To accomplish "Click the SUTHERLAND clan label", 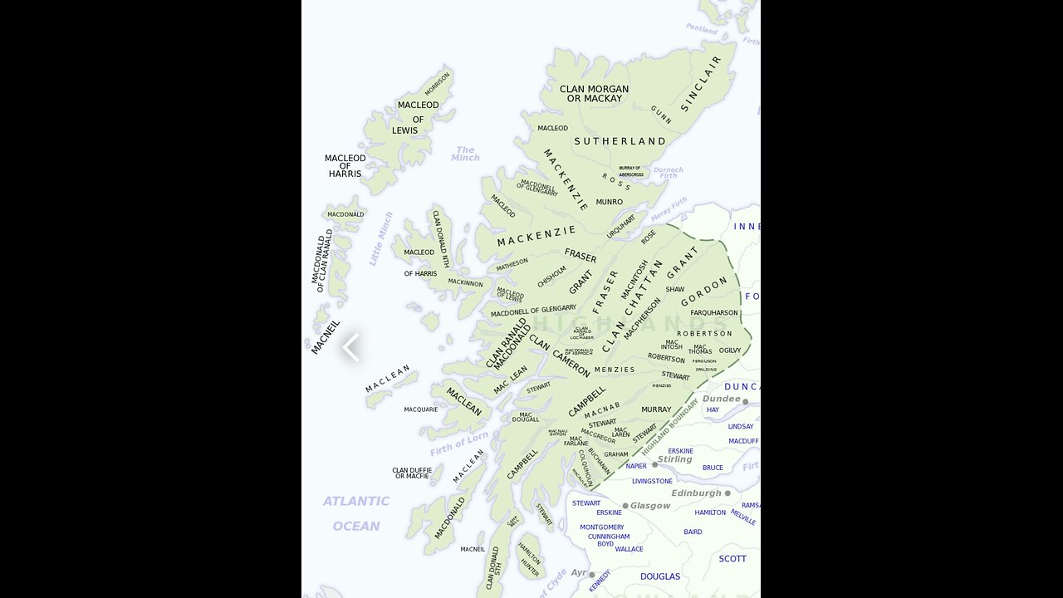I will click(620, 141).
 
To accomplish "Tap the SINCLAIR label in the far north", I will click(702, 84).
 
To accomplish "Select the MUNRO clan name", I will click(609, 202).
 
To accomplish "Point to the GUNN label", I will click(661, 115).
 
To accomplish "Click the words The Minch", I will click(465, 154).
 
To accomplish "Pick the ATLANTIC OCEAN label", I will click(356, 513).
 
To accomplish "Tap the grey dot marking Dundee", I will click(745, 402).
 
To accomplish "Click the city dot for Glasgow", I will click(625, 506).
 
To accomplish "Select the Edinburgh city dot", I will click(727, 493).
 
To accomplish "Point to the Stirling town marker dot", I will click(654, 464).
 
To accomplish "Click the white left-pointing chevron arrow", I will click(350, 347).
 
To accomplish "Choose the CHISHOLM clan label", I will click(551, 277).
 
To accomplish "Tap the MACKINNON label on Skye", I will click(465, 282).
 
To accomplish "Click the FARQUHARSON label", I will click(714, 313).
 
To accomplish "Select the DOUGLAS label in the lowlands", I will click(660, 576).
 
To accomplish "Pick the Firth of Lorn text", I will click(459, 444).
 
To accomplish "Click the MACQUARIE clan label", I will click(421, 409).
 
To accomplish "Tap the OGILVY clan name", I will click(730, 350).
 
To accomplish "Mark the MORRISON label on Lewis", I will click(437, 83).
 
